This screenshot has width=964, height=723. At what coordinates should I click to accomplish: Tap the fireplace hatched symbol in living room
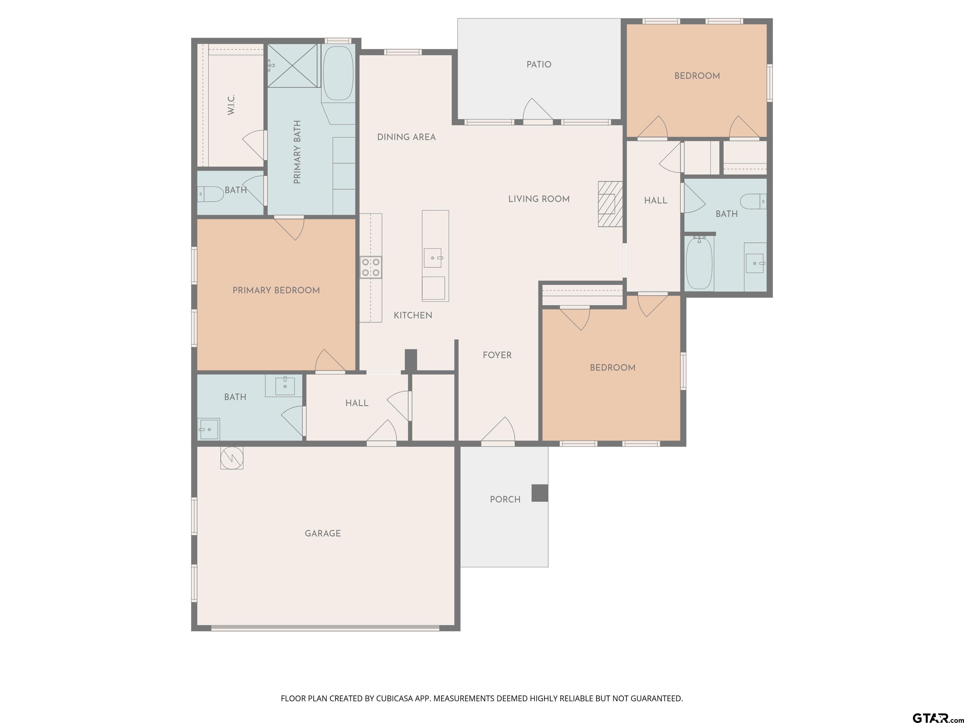[x=610, y=204]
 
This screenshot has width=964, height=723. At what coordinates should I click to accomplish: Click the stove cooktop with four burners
[x=370, y=267]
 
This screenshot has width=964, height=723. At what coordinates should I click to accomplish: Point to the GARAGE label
[x=323, y=533]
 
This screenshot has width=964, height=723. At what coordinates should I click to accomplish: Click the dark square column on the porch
[x=540, y=493]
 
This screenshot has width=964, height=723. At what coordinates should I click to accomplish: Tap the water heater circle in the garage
[x=231, y=458]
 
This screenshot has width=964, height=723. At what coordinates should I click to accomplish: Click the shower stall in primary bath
[x=292, y=66]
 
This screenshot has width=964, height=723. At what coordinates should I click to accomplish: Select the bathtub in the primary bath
[x=338, y=73]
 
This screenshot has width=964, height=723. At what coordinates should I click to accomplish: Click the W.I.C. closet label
[x=231, y=104]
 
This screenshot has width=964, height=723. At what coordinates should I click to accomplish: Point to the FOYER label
[x=497, y=355]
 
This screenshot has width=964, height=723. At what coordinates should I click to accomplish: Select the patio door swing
[x=537, y=110]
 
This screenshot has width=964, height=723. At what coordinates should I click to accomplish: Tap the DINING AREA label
[x=406, y=137]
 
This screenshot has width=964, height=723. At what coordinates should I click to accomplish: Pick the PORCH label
[x=505, y=499]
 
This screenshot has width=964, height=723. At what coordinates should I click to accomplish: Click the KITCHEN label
[x=413, y=316]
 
